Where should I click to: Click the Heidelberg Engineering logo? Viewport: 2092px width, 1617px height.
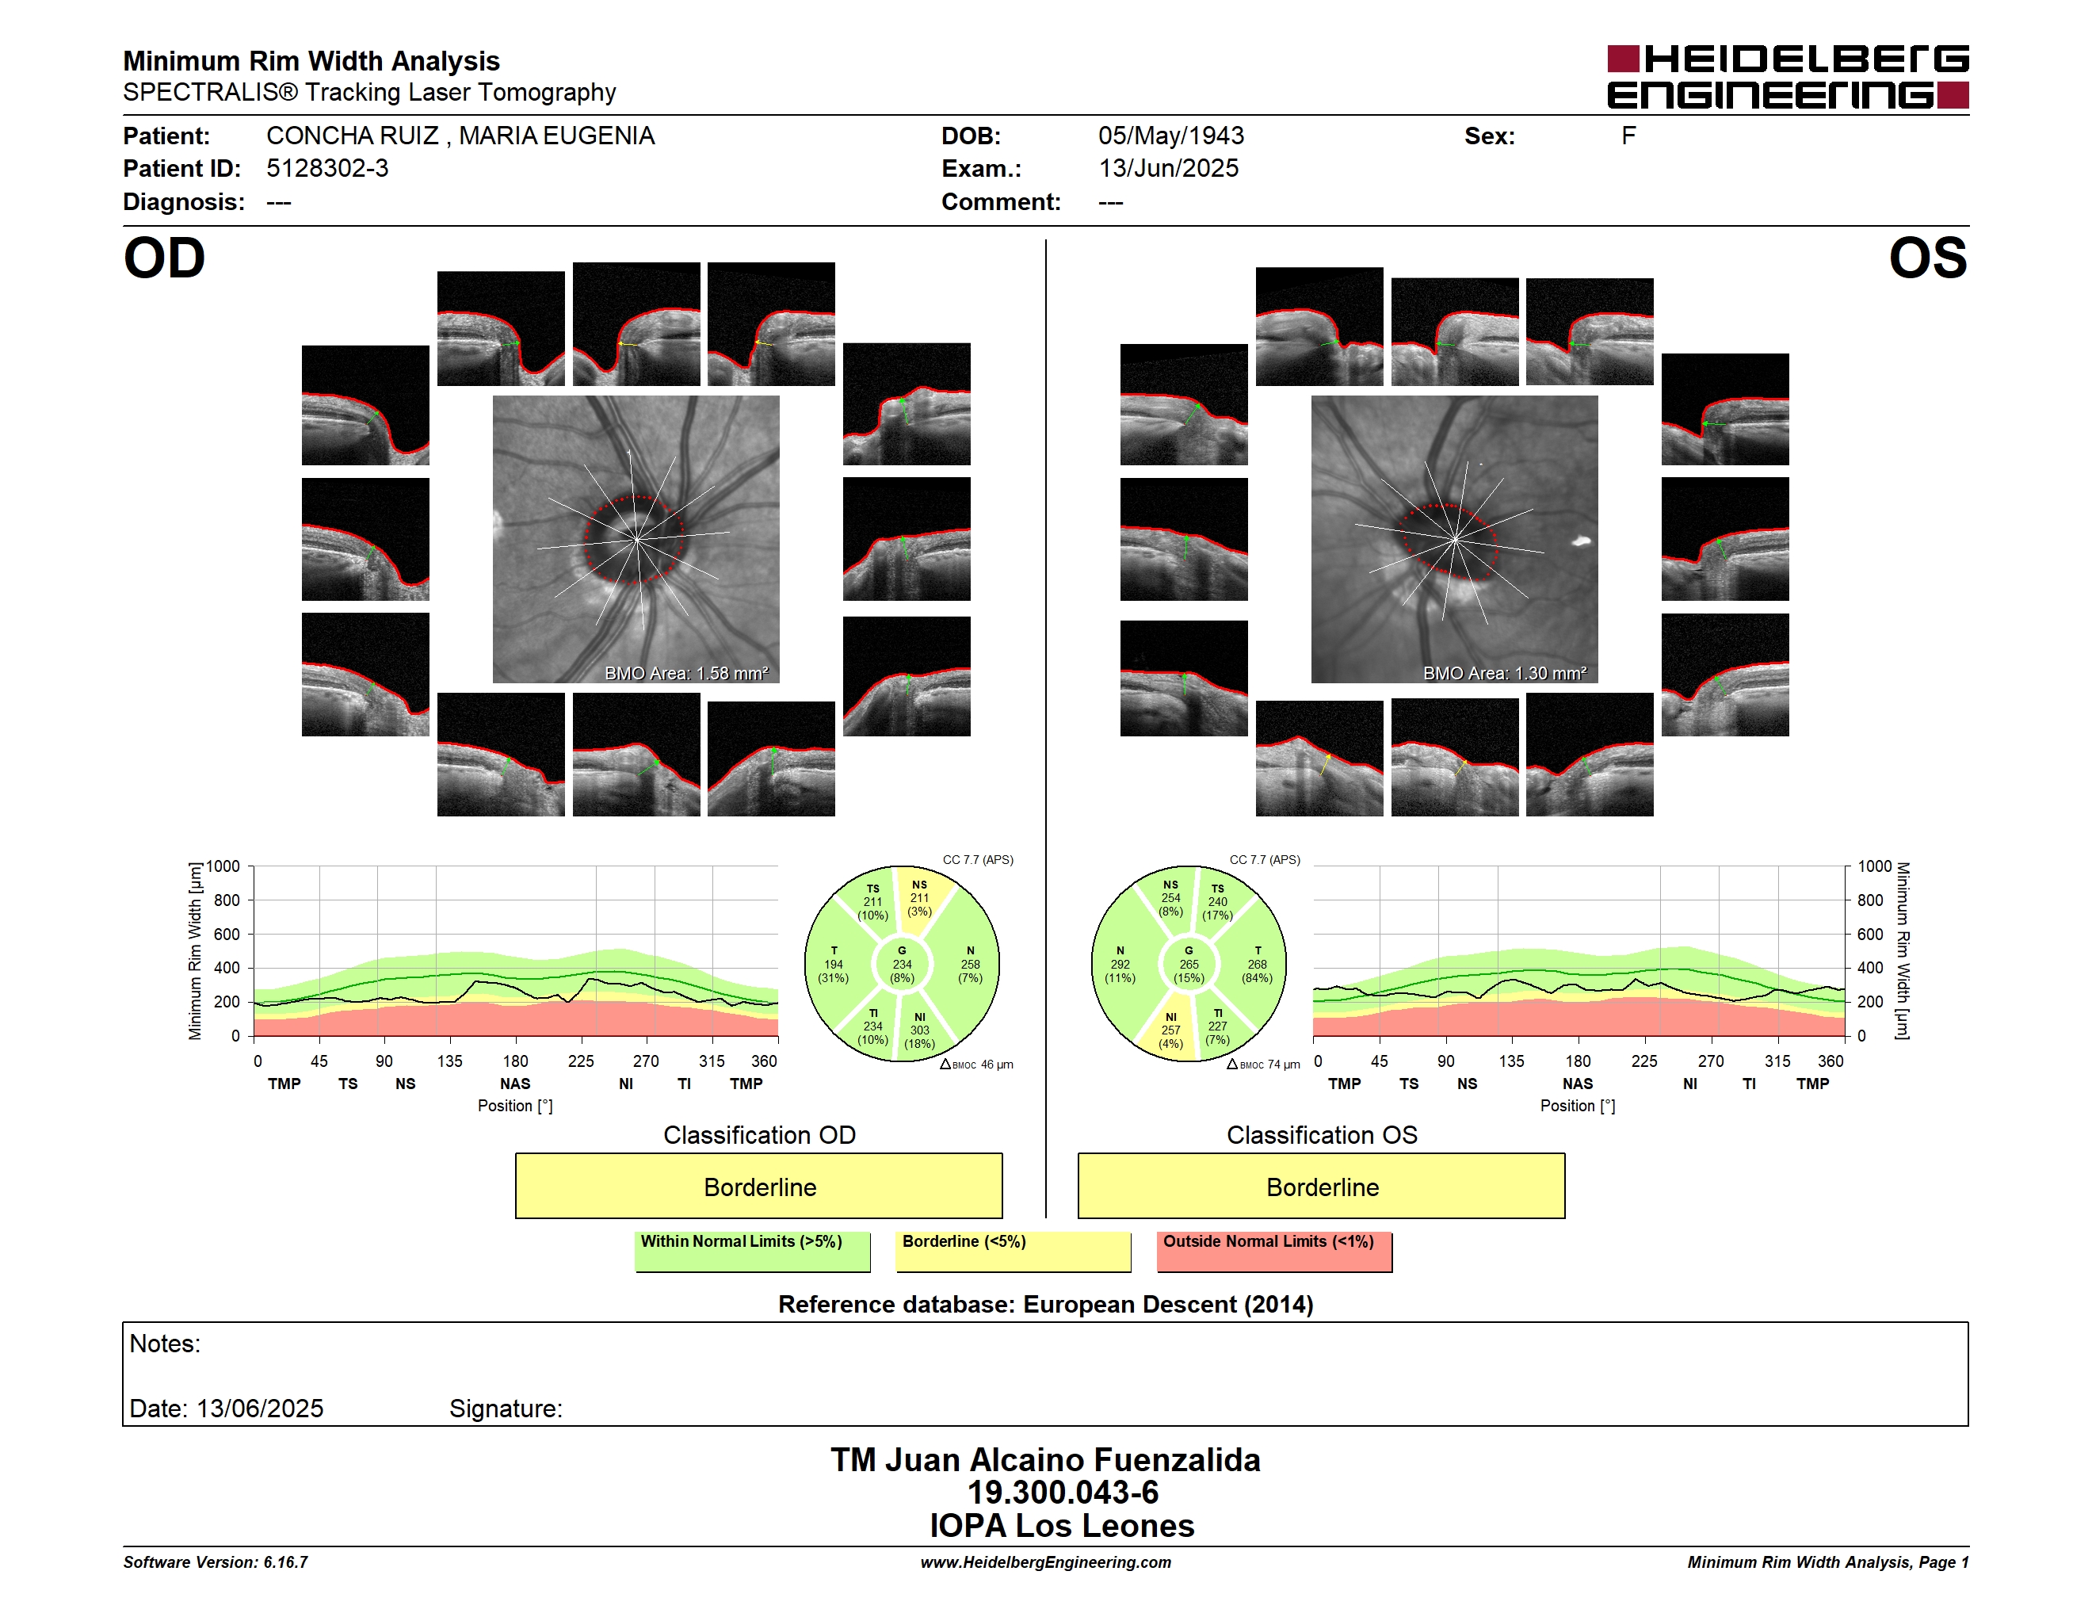[x=1788, y=77]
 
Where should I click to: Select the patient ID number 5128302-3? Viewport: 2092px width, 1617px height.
[x=327, y=169]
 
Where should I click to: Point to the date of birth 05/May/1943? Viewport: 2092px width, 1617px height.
[x=1170, y=136]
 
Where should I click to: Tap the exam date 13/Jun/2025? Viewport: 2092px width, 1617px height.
[x=1168, y=169]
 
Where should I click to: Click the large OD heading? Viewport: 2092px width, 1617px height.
[x=164, y=258]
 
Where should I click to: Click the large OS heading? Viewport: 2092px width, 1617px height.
[x=1927, y=258]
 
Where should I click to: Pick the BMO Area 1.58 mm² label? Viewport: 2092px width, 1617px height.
[x=685, y=674]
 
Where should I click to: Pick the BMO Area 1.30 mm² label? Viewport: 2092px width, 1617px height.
[x=1504, y=674]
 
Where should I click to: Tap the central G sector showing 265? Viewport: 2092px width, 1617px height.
[x=1189, y=965]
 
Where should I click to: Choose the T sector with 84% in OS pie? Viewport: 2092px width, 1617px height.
[x=1256, y=965]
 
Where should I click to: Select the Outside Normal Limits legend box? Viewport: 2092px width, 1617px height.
[x=1274, y=1251]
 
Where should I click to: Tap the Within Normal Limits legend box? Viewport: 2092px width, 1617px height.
[x=752, y=1251]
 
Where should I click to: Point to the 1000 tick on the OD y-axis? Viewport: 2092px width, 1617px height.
[x=223, y=866]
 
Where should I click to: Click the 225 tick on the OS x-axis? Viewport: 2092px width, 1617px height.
[x=1643, y=1061]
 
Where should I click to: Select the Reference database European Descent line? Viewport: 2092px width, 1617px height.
[x=1045, y=1304]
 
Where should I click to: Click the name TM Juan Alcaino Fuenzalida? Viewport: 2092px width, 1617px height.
[x=1045, y=1459]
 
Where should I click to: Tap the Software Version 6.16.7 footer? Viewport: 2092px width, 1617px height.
[x=216, y=1562]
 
